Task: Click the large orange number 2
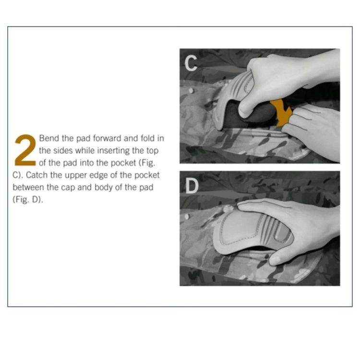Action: (25, 150)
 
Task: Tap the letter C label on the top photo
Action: (191, 63)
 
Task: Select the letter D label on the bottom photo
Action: (192, 186)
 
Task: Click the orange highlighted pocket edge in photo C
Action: (281, 112)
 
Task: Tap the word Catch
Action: (36, 175)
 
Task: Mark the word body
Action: (103, 188)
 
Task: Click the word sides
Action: (63, 151)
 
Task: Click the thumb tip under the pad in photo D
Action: (275, 261)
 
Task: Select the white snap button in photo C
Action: (191, 91)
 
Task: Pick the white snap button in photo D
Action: (187, 216)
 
